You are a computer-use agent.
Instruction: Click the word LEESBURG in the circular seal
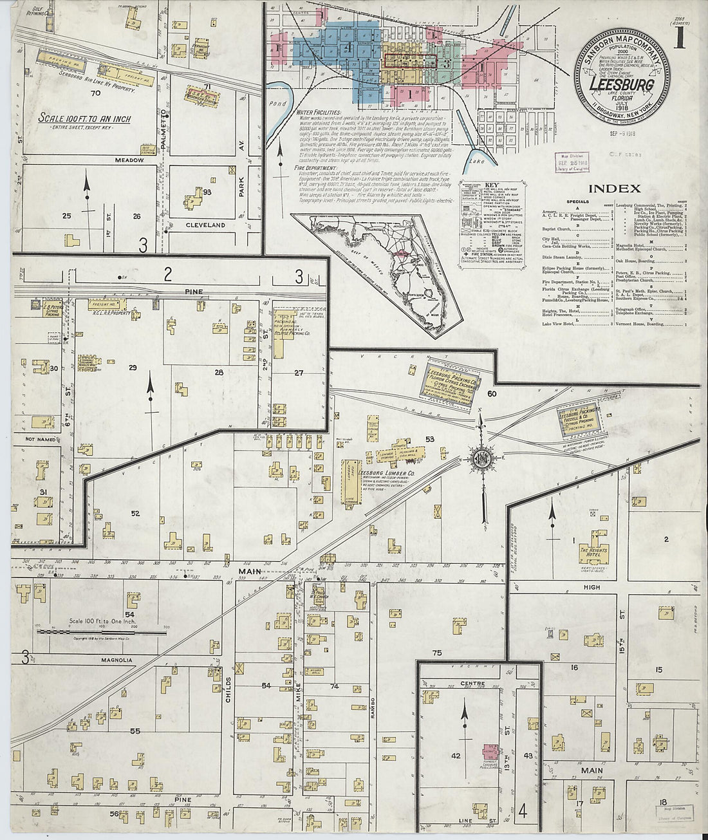coord(622,84)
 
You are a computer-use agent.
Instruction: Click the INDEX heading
coord(615,189)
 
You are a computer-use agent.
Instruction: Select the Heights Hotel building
coord(593,552)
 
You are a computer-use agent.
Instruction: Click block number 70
coord(96,93)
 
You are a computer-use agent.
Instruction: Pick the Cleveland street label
coord(205,225)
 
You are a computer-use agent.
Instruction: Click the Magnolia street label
coord(116,660)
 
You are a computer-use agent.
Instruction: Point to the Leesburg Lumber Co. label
coord(390,472)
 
